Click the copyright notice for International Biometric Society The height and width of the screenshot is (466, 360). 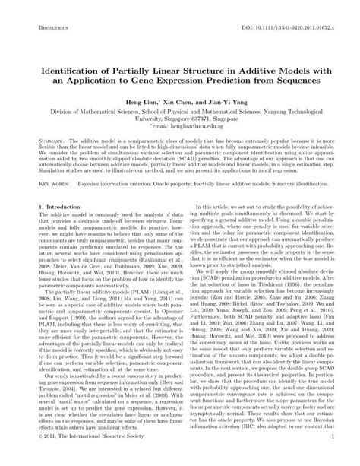[84, 459]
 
